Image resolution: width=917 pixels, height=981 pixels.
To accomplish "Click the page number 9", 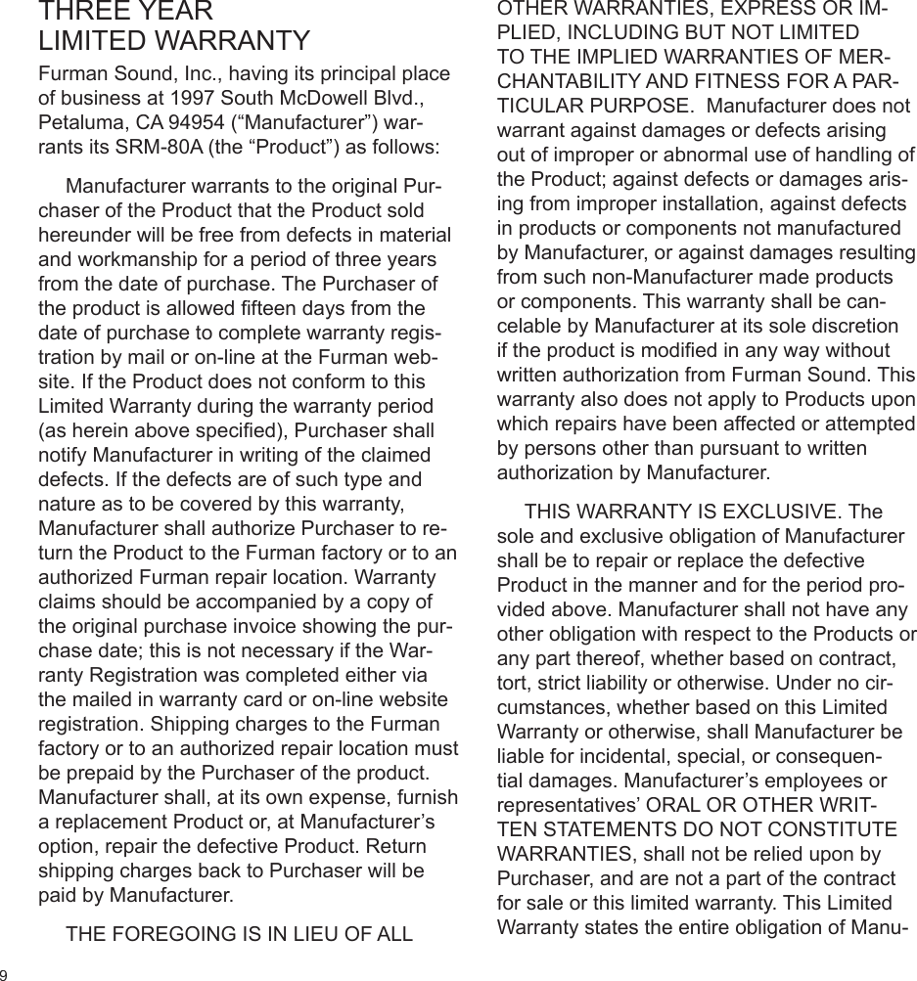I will point(4,974).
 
